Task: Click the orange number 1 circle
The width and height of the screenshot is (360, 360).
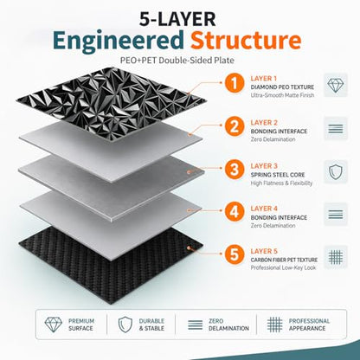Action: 234,83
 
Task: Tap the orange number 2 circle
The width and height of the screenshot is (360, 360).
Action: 234,126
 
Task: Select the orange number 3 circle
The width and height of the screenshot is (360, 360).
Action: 234,169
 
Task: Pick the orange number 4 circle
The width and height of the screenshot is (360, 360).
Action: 234,211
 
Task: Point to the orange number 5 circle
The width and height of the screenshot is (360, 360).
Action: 234,254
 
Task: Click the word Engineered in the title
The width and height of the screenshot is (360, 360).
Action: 119,42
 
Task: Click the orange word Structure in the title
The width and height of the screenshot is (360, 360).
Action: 246,40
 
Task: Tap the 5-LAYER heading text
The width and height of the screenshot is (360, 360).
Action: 177,19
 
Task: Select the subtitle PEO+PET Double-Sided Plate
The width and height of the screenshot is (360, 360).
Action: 177,61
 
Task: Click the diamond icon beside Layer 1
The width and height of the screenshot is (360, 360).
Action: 336,85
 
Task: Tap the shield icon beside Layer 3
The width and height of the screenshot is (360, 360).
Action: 336,172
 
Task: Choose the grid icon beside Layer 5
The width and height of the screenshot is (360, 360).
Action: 336,256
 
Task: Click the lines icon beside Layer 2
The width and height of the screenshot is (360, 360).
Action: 336,129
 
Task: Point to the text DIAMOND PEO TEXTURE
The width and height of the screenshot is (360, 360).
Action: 282,87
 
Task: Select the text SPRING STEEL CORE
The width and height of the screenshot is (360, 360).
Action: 278,175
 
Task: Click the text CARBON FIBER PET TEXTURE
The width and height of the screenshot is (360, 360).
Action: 284,260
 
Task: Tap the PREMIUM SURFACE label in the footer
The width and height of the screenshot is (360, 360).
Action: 81,325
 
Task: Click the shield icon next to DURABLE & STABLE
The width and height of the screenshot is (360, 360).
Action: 125,325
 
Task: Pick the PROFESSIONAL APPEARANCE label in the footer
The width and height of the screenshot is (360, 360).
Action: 309,325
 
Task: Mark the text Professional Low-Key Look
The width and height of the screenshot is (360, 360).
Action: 283,267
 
